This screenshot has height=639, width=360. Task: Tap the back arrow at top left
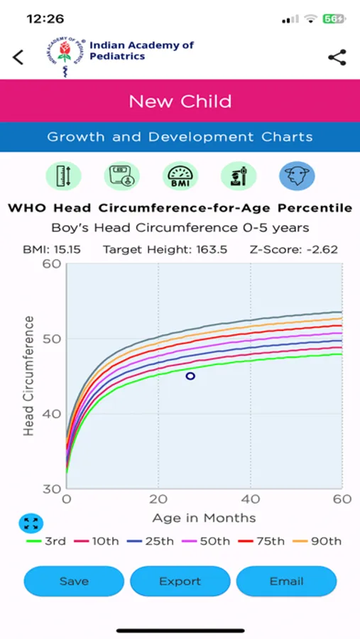click(x=18, y=58)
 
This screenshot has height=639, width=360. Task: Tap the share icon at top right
click(x=337, y=58)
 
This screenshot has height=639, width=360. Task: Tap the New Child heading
click(x=180, y=102)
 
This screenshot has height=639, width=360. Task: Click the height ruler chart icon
click(x=64, y=175)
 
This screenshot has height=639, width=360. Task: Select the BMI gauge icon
click(x=180, y=175)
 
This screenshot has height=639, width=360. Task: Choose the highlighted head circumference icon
click(x=297, y=175)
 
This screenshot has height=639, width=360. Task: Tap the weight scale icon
click(x=121, y=175)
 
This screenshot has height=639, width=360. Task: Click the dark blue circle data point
click(x=190, y=376)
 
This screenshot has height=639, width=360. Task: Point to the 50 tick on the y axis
click(x=52, y=339)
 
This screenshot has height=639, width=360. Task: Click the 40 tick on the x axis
click(x=250, y=498)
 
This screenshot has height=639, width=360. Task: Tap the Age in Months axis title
click(x=204, y=518)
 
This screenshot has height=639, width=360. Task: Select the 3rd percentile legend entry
click(x=46, y=541)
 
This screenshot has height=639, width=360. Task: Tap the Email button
click(x=286, y=581)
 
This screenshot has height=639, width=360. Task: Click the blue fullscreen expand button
click(x=31, y=523)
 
